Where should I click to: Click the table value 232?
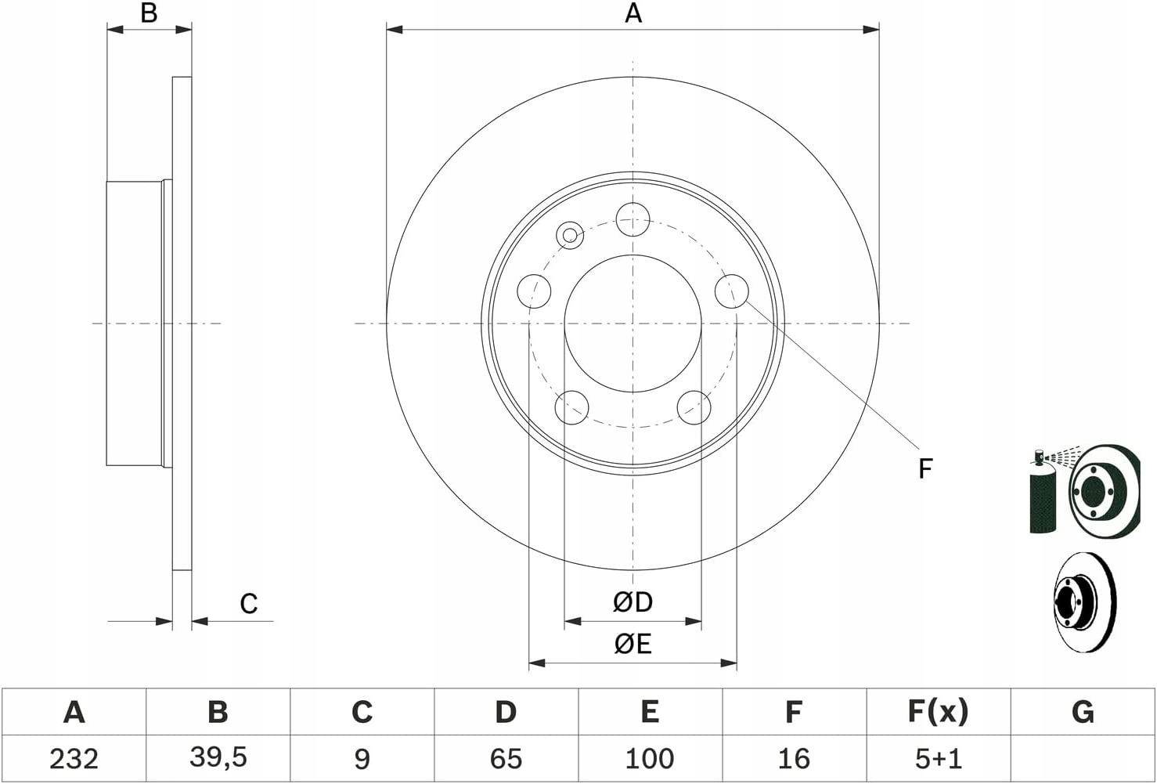coord(74,758)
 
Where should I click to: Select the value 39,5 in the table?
coord(218,758)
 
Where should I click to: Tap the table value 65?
coord(506,758)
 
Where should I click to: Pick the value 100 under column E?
coord(649,758)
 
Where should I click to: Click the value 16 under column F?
coord(793,758)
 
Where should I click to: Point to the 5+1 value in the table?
coord(938,758)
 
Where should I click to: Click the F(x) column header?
coord(938,712)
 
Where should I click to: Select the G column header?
coord(1083,712)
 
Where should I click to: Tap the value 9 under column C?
coord(362,758)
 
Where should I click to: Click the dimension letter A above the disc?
coord(633,13)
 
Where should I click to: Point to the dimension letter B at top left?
coord(149,13)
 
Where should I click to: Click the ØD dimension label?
coord(633,602)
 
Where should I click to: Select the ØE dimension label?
coord(633,644)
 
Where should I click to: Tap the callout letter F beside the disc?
coord(925,468)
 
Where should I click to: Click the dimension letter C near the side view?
coord(248,603)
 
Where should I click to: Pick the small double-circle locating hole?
coord(570,236)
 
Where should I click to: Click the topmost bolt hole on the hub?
coord(633,219)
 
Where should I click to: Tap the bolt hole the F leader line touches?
coord(731,291)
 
